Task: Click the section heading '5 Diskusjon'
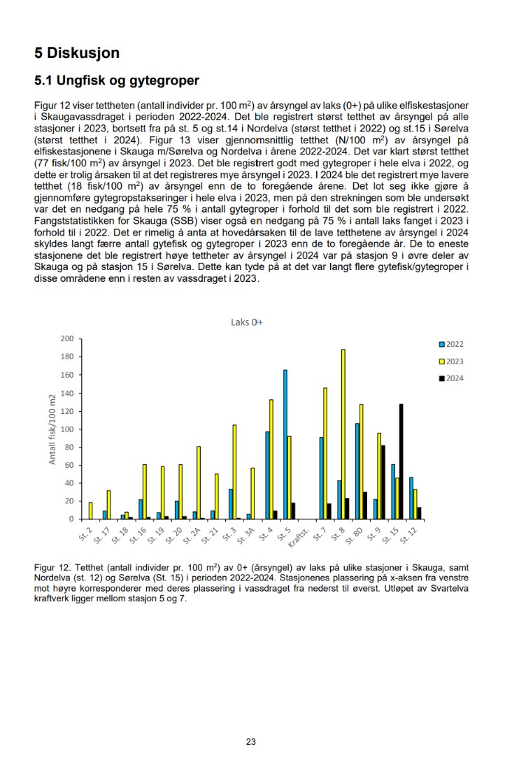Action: pyautogui.click(x=77, y=52)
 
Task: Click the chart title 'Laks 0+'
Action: pyautogui.click(x=246, y=322)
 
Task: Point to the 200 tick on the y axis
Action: pyautogui.click(x=67, y=338)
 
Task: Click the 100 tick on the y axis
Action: pyautogui.click(x=67, y=429)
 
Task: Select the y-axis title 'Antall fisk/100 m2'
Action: pyautogui.click(x=52, y=429)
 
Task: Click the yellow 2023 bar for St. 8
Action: pyautogui.click(x=343, y=434)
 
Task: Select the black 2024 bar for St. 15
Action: pyautogui.click(x=401, y=461)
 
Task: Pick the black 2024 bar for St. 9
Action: pyautogui.click(x=383, y=482)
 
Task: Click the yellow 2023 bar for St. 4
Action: pyautogui.click(x=271, y=459)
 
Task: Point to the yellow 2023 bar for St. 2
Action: pyautogui.click(x=90, y=510)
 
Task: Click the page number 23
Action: pyautogui.click(x=250, y=742)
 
